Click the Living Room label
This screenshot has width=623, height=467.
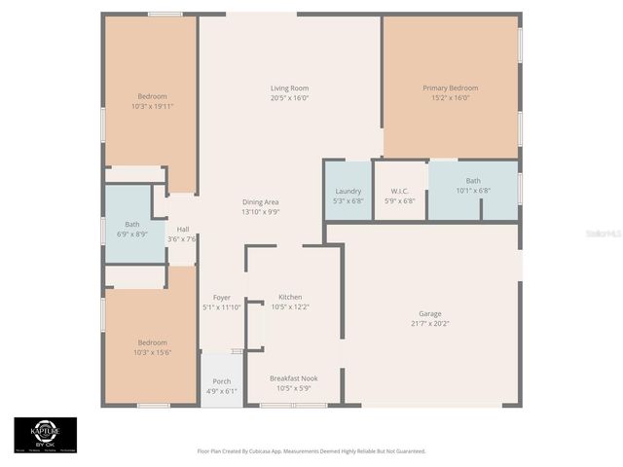click(x=289, y=89)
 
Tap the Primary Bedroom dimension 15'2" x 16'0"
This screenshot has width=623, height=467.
click(x=450, y=97)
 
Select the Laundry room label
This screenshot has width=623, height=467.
click(x=348, y=192)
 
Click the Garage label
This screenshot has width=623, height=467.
click(x=430, y=313)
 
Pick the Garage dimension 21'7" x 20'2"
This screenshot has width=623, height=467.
click(x=430, y=323)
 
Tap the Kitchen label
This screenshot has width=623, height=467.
click(x=290, y=297)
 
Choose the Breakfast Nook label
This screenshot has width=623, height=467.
click(x=293, y=377)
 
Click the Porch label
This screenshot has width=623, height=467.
click(x=221, y=381)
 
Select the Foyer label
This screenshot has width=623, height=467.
click(x=221, y=297)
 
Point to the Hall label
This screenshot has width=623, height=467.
click(x=182, y=230)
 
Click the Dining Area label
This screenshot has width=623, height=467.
click(x=261, y=201)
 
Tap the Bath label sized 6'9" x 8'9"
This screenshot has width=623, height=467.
click(x=132, y=234)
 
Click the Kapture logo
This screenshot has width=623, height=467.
click(x=45, y=436)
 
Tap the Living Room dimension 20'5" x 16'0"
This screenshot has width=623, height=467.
click(x=289, y=98)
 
